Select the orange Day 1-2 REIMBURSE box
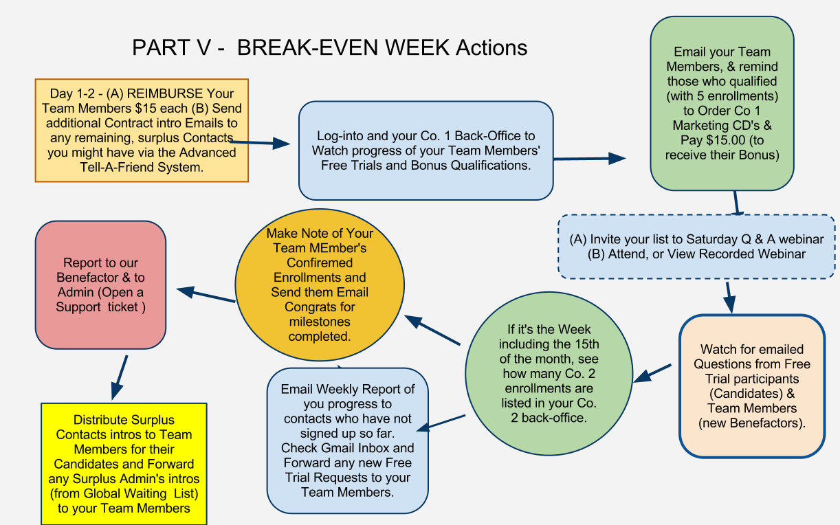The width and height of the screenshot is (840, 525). click(x=142, y=131)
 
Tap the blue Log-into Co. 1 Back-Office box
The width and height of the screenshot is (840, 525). click(x=426, y=150)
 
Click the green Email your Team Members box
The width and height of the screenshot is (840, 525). click(x=722, y=103)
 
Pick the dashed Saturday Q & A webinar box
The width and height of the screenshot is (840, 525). click(x=696, y=247)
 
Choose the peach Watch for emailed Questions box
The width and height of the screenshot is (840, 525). click(x=752, y=386)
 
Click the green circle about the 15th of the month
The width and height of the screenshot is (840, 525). click(x=549, y=374)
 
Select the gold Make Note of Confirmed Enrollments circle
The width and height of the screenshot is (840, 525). click(x=320, y=284)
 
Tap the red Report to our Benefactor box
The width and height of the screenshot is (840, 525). click(x=100, y=285)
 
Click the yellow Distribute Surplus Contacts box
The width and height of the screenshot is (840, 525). click(x=124, y=464)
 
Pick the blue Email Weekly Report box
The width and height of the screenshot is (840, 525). click(x=348, y=440)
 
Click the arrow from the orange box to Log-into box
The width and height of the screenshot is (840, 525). click(x=260, y=142)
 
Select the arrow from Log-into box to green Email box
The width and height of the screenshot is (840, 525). click(x=590, y=159)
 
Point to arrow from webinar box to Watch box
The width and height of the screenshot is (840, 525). click(x=730, y=298)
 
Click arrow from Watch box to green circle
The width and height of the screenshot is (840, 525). click(x=652, y=373)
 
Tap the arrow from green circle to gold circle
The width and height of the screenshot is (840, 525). click(x=432, y=330)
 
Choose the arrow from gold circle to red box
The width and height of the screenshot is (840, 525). click(x=206, y=294)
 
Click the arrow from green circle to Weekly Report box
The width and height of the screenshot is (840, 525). click(x=441, y=423)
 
